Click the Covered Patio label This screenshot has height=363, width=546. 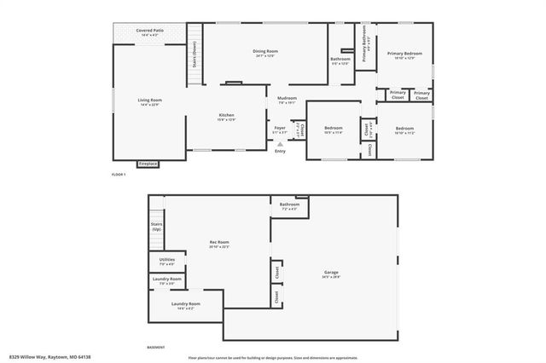pos(149,32)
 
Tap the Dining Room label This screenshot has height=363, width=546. pos(265,53)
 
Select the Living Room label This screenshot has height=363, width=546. pos(150,101)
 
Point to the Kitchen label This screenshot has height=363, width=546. pos(226,117)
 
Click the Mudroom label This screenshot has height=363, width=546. pos(287,99)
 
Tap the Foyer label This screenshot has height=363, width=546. pos(280,130)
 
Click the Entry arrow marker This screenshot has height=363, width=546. pos(280,146)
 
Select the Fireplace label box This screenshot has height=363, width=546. pos(148,163)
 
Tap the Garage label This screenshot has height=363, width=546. pos(331,274)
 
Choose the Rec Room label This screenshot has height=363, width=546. pos(218,244)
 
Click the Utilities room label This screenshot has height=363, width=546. pos(166,262)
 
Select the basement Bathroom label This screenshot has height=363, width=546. pos(289,205)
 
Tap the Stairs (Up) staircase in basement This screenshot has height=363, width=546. pos(156,227)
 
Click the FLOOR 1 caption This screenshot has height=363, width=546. pos(119,175)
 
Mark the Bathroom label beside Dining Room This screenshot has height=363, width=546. pos(340,60)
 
